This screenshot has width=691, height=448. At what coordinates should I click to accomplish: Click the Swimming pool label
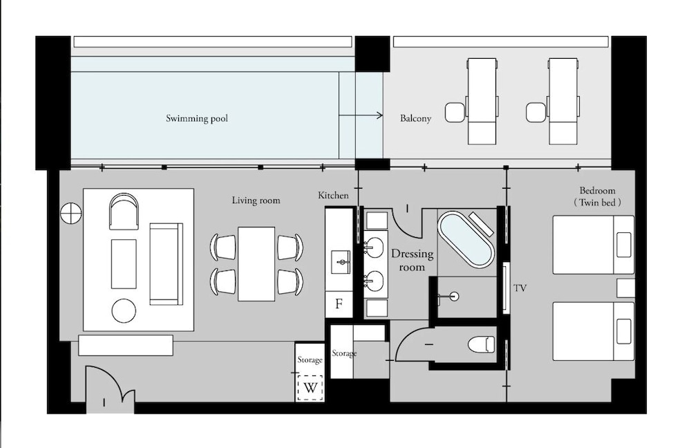[197, 118]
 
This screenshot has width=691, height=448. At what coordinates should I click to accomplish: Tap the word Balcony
[415, 118]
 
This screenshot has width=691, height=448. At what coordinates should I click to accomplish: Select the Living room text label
[256, 200]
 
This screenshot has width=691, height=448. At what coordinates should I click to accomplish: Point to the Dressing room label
[412, 260]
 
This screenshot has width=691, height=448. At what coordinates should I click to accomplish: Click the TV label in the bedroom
[520, 288]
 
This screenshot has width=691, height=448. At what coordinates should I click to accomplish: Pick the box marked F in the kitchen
[339, 304]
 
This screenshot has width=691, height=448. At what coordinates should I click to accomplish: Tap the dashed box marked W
[310, 388]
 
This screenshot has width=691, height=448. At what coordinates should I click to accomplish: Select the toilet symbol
[481, 344]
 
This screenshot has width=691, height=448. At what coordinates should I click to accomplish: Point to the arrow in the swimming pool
[361, 115]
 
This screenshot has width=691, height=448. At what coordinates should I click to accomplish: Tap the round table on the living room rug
[124, 310]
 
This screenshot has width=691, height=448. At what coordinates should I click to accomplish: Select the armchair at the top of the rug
[124, 211]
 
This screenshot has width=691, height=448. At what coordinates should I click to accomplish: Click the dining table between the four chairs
[256, 263]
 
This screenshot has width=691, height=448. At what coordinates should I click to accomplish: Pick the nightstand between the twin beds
[625, 288]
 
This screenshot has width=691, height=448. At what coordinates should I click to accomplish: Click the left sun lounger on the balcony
[482, 101]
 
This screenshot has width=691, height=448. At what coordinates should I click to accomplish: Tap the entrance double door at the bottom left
[109, 391]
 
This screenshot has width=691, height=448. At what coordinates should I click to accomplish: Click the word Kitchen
[333, 196]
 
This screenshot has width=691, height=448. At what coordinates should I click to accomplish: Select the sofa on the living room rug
[166, 263]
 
